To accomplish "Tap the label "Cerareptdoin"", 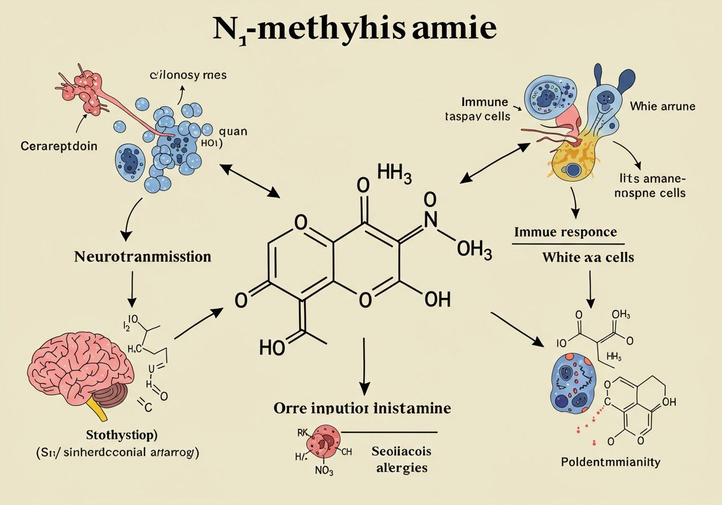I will click(x=59, y=146).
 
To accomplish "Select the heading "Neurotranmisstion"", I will click(x=143, y=257).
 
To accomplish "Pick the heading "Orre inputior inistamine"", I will click(x=362, y=407).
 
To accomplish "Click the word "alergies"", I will click(x=399, y=467).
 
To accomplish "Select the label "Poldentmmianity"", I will click(x=610, y=462).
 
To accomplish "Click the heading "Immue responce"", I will click(x=565, y=232).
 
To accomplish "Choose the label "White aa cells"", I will click(x=588, y=258).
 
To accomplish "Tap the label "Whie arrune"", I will click(x=663, y=105).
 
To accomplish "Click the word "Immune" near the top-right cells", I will click(x=485, y=102).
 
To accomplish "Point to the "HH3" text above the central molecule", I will click(x=394, y=175).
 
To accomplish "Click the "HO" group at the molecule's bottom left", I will click(x=272, y=348).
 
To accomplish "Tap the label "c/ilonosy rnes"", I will click(x=188, y=75).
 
